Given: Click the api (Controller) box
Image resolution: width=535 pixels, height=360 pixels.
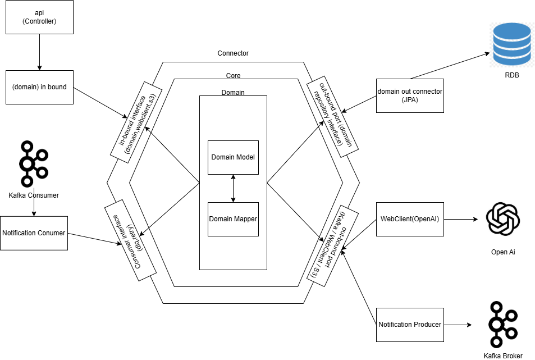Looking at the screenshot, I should point(39,17).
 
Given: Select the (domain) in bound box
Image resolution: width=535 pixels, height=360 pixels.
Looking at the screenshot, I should point(39,87).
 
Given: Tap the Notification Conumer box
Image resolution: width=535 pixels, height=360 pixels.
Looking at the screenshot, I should point(34,233).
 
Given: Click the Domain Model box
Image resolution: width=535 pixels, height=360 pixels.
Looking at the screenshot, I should point(233,157).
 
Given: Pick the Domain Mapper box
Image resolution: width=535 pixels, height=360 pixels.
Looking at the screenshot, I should point(233,219).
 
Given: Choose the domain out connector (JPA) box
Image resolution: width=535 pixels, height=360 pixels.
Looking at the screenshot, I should point(410,95).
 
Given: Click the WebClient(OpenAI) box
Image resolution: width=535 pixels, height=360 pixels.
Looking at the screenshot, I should point(410,218).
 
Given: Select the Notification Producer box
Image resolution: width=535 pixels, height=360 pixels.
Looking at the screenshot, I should point(410,325).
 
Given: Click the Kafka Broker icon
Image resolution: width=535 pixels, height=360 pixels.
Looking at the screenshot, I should point(503,325).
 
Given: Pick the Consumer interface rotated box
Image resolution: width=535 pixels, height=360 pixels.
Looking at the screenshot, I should point(130,240).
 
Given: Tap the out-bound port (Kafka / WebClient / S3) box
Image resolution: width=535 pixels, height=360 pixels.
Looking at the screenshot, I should point(333,245).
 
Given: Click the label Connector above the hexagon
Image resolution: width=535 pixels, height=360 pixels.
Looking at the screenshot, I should point(233,53).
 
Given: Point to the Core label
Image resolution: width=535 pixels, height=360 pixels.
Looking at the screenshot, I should point(233,75).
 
